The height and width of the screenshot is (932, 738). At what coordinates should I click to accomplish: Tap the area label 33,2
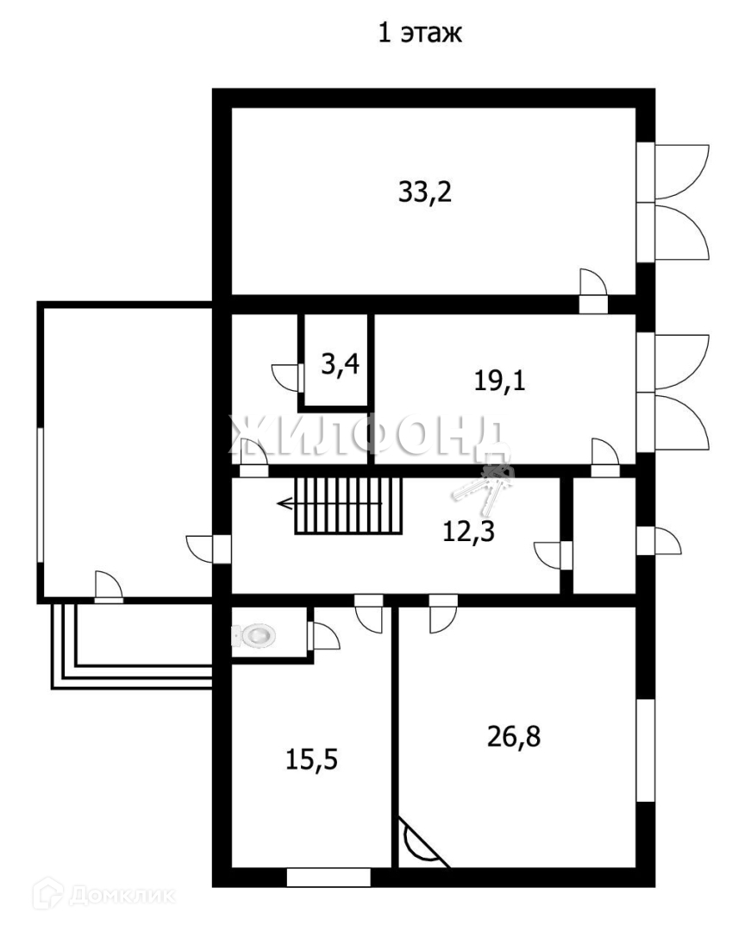[x=425, y=192]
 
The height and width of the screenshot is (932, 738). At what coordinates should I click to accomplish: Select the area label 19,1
[x=500, y=381]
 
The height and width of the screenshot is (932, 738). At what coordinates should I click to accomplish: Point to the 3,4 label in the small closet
[x=340, y=364]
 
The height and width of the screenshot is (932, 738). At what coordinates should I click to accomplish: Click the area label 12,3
[x=467, y=531]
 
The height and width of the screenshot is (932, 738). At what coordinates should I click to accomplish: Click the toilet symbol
[x=253, y=636]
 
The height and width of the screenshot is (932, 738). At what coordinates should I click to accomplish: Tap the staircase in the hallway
[x=348, y=505]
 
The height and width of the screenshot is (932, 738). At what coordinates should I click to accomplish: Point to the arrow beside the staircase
[x=285, y=504]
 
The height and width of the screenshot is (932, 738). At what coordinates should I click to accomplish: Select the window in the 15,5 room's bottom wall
[x=328, y=878]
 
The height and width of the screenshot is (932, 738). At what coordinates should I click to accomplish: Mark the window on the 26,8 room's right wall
[x=645, y=750]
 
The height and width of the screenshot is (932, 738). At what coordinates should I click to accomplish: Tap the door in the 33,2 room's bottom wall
[x=592, y=293]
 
